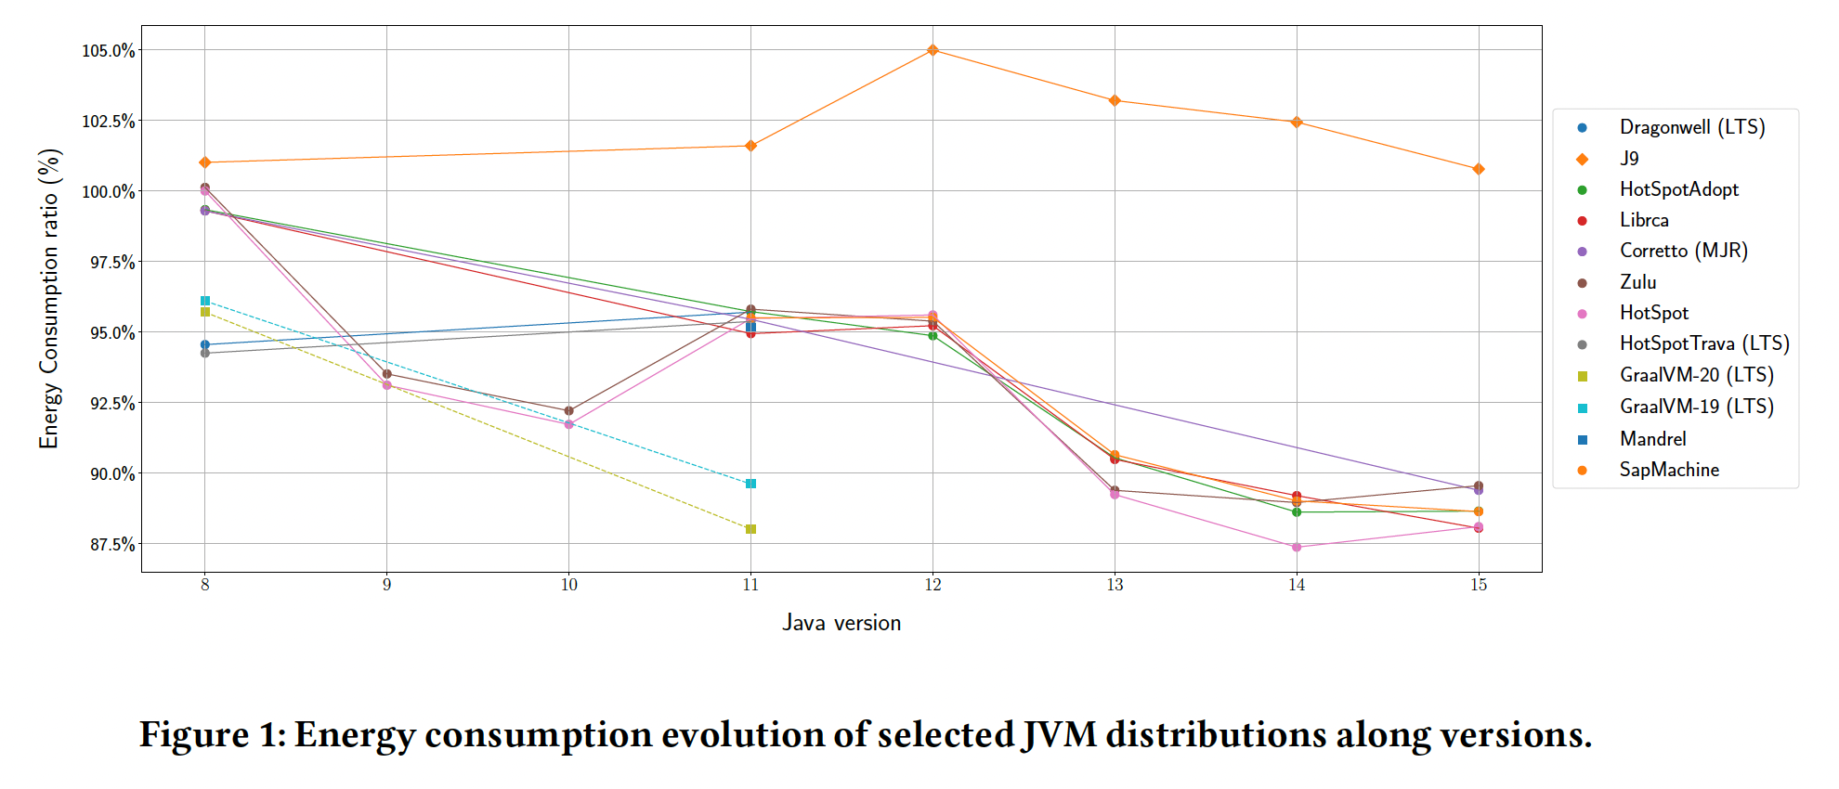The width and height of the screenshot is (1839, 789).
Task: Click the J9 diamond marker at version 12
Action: click(933, 50)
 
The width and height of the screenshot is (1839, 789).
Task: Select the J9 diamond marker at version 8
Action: click(205, 162)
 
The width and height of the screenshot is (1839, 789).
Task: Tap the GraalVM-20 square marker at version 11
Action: click(750, 529)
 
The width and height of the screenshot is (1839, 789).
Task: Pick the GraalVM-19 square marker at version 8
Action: click(205, 301)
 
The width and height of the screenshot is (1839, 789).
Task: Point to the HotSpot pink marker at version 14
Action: click(1297, 547)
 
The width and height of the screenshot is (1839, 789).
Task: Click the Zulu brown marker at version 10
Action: click(569, 410)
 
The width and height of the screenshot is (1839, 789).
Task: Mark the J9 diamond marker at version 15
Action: click(1479, 169)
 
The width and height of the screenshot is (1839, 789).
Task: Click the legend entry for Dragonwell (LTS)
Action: click(1691, 127)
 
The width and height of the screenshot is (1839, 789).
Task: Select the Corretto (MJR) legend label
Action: click(1683, 251)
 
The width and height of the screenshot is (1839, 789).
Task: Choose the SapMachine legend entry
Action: click(1669, 470)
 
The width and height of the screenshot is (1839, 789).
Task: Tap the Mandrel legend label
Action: click(1652, 439)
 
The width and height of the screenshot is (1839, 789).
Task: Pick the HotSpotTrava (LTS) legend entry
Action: click(1703, 343)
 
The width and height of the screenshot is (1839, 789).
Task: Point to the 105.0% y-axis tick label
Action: click(108, 50)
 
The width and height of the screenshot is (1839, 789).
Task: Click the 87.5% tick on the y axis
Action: click(111, 544)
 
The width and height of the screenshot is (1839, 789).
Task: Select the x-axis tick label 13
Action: click(1115, 585)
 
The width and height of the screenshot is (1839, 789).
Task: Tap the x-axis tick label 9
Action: click(387, 585)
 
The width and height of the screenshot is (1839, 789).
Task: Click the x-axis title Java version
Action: click(841, 623)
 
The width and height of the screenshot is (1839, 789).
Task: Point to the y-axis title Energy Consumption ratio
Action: click(49, 299)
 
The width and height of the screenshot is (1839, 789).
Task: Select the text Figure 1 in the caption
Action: click(211, 734)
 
